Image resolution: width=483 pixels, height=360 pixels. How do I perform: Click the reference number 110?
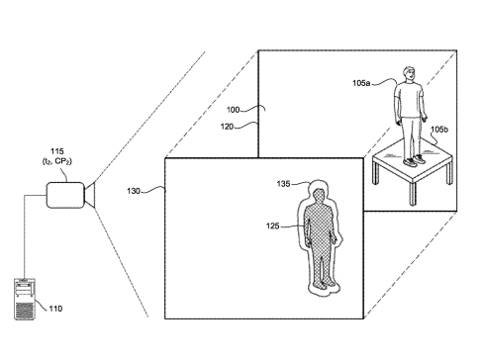55,309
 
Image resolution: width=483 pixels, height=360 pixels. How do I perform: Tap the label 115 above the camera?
57,151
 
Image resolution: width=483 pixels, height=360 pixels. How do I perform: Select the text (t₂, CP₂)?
57,161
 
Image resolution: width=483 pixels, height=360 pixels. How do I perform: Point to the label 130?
134,191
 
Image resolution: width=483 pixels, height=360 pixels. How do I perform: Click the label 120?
227,127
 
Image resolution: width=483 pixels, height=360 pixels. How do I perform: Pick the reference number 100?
233,110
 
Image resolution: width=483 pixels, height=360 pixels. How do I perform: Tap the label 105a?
361,83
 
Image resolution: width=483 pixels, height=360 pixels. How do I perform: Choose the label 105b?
439,130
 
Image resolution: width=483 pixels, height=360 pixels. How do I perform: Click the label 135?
283,184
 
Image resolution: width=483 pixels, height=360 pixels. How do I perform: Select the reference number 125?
273,226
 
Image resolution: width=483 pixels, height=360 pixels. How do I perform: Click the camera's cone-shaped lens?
90,195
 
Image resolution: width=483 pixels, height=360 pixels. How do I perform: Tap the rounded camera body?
65,195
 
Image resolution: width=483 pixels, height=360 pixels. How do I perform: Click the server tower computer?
25,299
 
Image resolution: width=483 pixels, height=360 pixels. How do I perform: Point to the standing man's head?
409,74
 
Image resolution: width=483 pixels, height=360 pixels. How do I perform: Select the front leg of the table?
412,193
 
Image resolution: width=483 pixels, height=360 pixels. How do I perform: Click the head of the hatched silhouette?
319,196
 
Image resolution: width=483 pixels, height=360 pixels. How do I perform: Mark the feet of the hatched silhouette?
324,284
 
